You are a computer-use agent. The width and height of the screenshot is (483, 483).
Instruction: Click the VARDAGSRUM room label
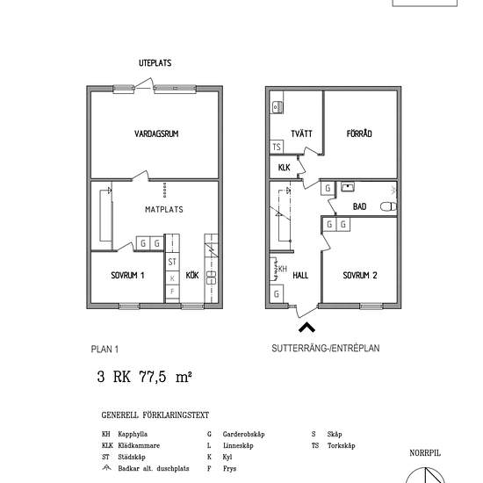point(156,133)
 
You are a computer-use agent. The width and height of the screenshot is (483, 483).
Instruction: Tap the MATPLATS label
point(164,210)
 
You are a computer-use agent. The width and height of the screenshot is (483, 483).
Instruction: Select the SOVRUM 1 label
point(127,275)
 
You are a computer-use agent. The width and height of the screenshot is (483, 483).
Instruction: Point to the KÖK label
point(192,275)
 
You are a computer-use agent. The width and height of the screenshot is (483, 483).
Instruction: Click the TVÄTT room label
point(301,133)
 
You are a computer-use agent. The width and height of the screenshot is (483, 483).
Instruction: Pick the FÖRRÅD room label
point(359,133)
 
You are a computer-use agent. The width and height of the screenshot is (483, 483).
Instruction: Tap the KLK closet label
point(284,167)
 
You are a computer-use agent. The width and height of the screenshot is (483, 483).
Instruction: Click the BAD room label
point(359,206)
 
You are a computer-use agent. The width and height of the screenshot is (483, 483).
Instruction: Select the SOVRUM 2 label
point(360,275)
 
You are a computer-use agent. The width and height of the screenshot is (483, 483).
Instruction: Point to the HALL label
point(300,275)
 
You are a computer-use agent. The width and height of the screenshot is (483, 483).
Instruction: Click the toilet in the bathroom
point(388,206)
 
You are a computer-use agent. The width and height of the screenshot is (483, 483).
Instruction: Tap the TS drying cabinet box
point(277,147)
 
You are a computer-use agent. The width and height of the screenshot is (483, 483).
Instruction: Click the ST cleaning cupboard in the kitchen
point(172,262)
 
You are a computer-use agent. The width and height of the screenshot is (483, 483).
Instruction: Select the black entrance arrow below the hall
point(306,327)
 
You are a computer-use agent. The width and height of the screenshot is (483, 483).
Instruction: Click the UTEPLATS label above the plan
point(155,63)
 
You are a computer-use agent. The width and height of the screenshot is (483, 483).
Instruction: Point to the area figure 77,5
point(153,377)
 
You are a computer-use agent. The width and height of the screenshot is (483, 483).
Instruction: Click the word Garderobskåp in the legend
point(243,434)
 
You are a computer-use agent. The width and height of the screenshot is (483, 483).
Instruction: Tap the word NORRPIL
point(425,453)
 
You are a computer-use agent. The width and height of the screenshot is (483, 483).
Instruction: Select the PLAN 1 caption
point(105,350)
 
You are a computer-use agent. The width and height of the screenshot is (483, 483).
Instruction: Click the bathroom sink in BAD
point(348,187)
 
